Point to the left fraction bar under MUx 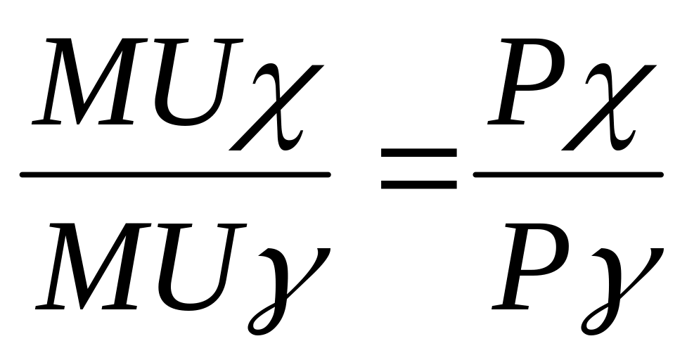pyautogui.click(x=176, y=174)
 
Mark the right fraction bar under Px pyautogui.click(x=568, y=174)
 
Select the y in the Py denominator pyautogui.click(x=619, y=281)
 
